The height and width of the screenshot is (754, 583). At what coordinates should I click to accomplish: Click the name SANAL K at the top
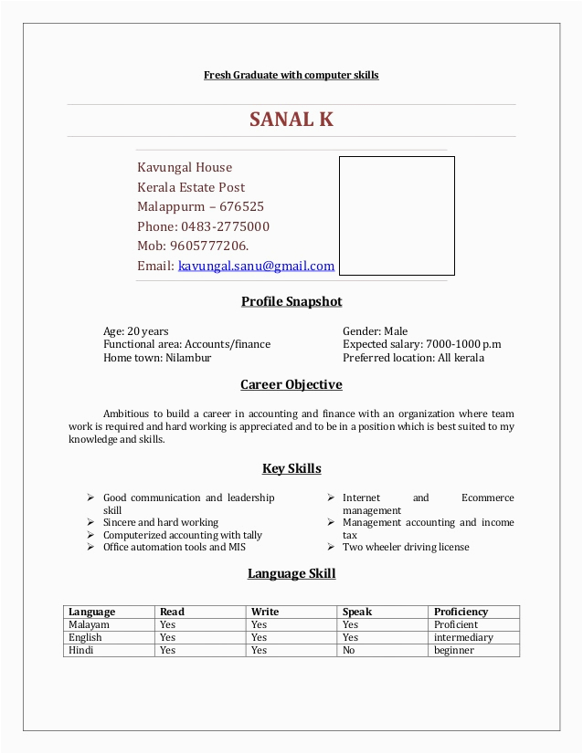(x=291, y=120)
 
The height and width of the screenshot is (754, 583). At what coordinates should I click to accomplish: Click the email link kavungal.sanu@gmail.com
(x=256, y=267)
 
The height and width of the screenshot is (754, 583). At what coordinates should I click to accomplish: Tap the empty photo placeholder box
(x=397, y=215)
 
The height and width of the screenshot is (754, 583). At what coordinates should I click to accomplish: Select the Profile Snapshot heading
(x=291, y=301)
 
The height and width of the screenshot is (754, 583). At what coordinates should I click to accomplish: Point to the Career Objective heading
(x=291, y=384)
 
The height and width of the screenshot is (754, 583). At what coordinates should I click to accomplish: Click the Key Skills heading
(x=291, y=468)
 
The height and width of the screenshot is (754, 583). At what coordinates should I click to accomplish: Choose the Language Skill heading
(x=291, y=573)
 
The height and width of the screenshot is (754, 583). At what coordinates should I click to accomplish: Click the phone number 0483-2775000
(x=225, y=226)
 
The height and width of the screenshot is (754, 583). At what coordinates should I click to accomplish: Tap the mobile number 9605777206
(x=208, y=246)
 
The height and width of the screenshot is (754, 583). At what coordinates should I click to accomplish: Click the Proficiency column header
(x=461, y=612)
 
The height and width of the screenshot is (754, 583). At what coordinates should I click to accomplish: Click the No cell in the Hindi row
(x=350, y=650)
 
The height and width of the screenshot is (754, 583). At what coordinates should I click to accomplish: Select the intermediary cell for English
(x=463, y=637)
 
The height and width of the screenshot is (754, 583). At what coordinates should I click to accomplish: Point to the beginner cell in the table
(x=454, y=650)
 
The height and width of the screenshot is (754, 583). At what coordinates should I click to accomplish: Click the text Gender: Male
(x=375, y=331)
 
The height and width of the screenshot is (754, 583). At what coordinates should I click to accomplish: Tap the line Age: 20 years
(x=135, y=331)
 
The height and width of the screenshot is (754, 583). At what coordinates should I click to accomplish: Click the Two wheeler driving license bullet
(x=406, y=547)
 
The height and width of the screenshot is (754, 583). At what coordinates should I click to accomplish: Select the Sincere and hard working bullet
(x=161, y=522)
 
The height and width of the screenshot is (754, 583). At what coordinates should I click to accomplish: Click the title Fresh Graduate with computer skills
(x=291, y=75)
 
